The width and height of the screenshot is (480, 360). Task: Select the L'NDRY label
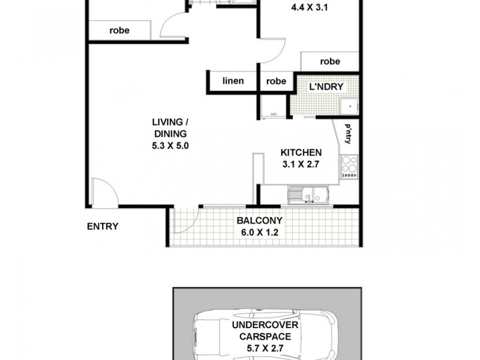(x=326, y=87)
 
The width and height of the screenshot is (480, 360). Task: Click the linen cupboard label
(x=233, y=81)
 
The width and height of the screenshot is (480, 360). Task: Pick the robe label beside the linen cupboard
(x=276, y=81)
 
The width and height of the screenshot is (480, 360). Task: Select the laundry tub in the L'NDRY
(x=347, y=107)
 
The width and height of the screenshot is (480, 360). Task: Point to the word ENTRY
(x=103, y=226)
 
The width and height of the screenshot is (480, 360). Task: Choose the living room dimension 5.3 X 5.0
(x=170, y=145)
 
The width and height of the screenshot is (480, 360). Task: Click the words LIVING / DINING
(x=170, y=128)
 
